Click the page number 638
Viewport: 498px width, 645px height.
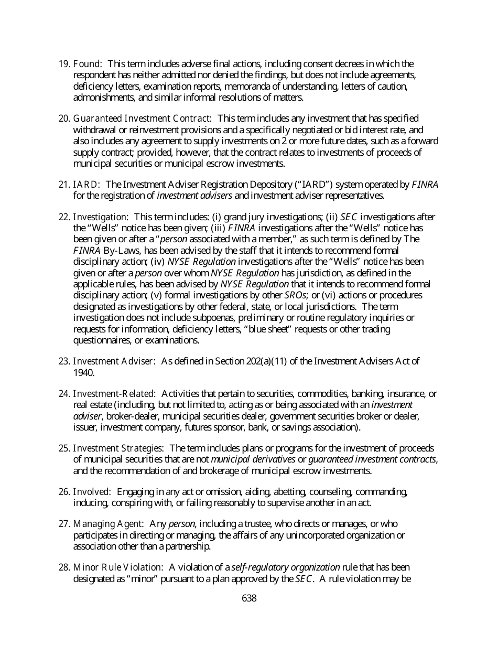click(249, 598)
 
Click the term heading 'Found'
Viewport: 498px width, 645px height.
click(86, 64)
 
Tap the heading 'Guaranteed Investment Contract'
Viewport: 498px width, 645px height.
click(142, 119)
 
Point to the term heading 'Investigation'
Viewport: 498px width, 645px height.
click(100, 217)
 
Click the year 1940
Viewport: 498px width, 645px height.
click(83, 373)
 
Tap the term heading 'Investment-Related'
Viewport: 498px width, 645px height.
click(114, 394)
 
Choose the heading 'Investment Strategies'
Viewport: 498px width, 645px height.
click(118, 448)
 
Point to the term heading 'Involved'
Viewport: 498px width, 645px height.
click(92, 492)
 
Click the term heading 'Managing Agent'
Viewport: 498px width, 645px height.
click(108, 524)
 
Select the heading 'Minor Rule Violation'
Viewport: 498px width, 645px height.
click(118, 567)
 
